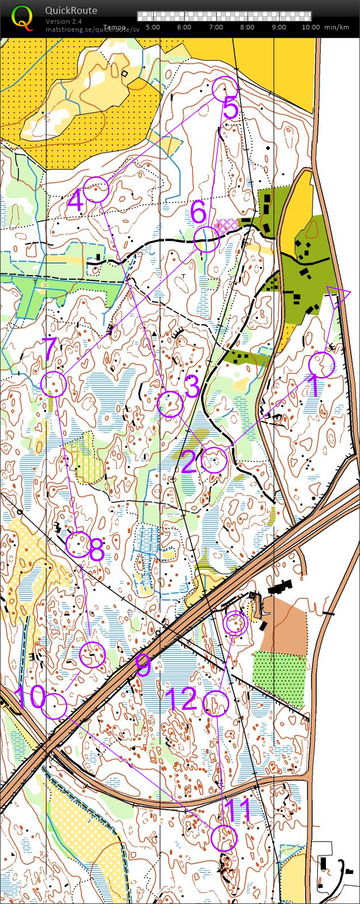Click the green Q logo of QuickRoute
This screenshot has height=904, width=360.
(x=22, y=17)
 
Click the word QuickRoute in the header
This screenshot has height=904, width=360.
(x=71, y=10)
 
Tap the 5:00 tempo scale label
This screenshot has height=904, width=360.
(x=153, y=27)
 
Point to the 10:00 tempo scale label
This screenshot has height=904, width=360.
(x=310, y=27)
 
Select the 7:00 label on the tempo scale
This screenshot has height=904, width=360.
(x=216, y=27)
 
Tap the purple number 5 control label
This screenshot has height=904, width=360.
(x=230, y=109)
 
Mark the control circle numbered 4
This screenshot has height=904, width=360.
(x=96, y=190)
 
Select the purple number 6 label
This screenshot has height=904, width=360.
(x=198, y=213)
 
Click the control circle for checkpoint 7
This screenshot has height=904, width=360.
(x=54, y=384)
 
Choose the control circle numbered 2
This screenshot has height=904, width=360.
(x=214, y=460)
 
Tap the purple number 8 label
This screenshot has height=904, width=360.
(x=96, y=551)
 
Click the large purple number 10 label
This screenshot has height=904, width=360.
(x=29, y=698)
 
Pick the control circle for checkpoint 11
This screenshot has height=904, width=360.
(x=224, y=838)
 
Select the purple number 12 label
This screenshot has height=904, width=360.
(x=181, y=699)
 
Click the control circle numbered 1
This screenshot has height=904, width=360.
(x=322, y=365)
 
